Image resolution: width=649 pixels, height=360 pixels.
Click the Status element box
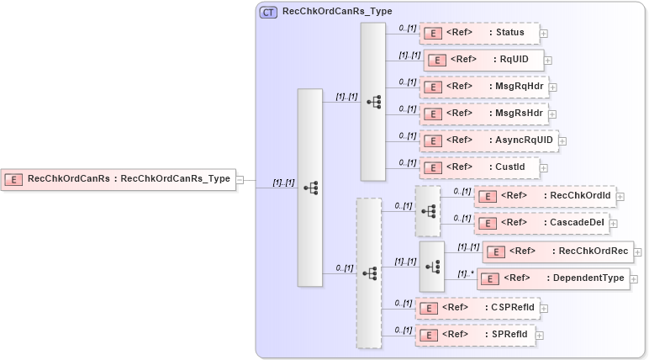479,34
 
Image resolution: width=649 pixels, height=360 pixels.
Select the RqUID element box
483,60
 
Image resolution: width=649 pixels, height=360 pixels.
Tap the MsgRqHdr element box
483,87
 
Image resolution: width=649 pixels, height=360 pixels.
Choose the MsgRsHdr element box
483,114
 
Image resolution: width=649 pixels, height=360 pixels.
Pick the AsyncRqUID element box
488,140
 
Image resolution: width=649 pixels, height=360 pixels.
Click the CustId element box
479,167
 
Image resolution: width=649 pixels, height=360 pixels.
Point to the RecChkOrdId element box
544,197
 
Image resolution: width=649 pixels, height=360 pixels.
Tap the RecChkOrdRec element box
557,251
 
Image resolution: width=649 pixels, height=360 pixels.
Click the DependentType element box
552,278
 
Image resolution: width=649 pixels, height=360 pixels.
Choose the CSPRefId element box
478,308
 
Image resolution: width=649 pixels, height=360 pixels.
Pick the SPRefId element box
474,335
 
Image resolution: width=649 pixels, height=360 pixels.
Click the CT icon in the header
268,12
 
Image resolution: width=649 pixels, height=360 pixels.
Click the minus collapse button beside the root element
240,179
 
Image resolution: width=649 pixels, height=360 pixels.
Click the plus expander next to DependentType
635,279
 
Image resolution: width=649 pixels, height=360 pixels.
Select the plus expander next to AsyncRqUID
562,141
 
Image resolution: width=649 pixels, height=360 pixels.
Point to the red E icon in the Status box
432,34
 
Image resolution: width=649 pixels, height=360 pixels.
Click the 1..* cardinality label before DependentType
464,273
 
